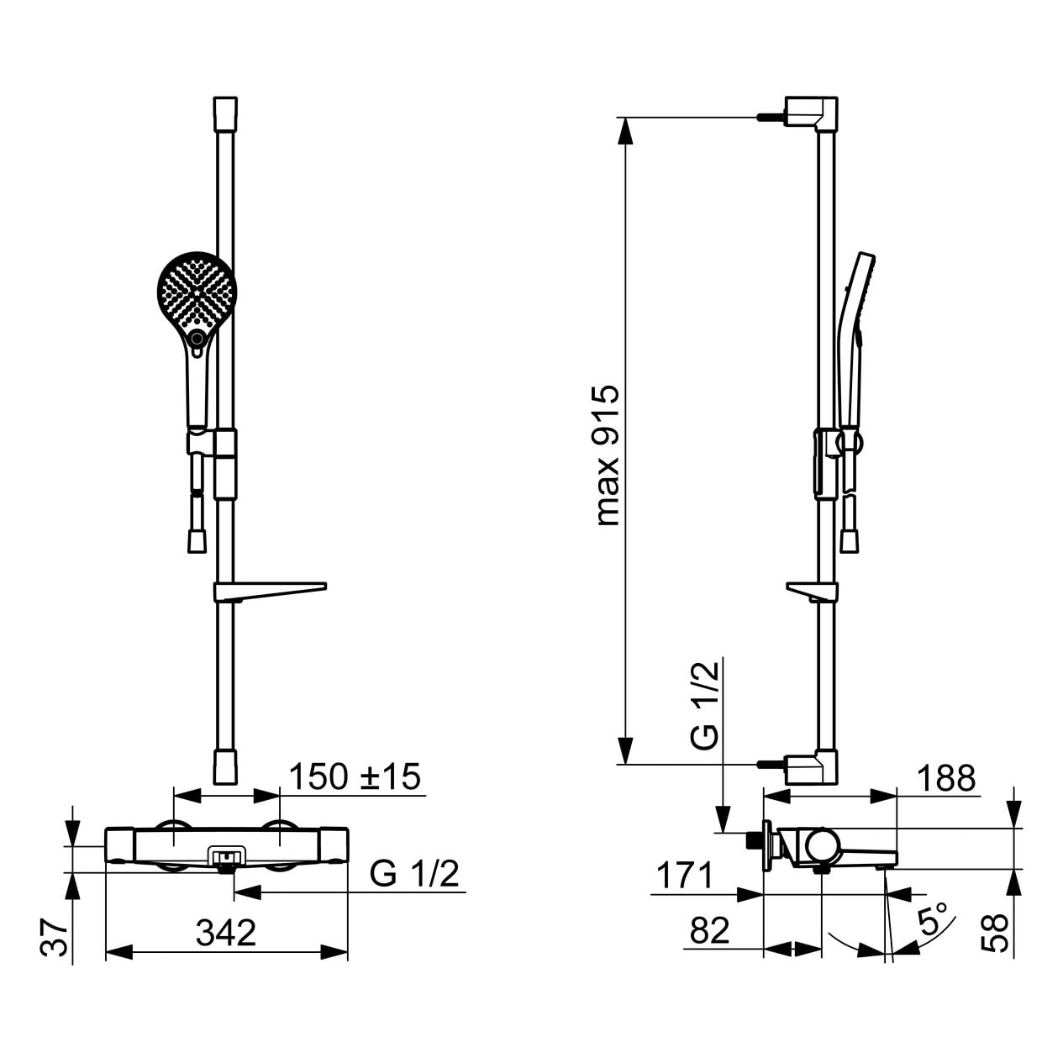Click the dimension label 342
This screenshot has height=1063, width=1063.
[226, 933]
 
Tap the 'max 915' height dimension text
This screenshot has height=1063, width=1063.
[608, 456]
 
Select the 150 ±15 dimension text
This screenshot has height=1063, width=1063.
[355, 776]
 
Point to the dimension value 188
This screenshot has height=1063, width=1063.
[946, 778]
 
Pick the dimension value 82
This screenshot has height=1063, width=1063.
[710, 931]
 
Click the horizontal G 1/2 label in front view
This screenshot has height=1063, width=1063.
[413, 874]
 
